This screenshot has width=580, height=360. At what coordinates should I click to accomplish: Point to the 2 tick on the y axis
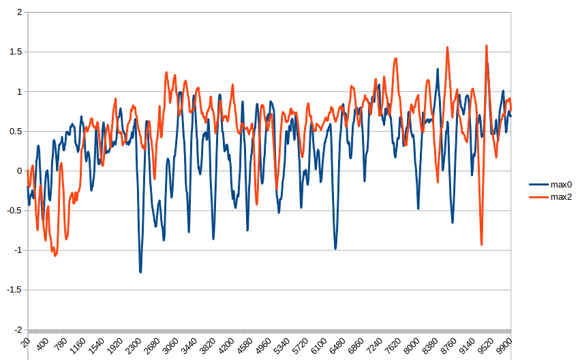18,12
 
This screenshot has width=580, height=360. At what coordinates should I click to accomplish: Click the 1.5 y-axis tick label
15,52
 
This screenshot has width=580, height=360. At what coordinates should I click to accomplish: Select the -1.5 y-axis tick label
14,290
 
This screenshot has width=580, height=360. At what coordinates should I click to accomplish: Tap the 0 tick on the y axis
18,171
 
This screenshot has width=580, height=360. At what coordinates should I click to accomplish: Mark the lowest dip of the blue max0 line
140,272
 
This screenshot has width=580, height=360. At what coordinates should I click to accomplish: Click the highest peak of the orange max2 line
487,46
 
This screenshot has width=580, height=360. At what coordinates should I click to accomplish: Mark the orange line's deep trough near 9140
481,244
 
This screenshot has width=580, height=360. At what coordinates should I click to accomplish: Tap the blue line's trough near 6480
335,248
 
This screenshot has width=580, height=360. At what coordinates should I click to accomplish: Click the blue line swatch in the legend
538,184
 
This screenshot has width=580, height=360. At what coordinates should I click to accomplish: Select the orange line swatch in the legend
538,197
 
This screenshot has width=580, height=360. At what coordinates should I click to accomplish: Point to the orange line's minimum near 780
55,256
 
